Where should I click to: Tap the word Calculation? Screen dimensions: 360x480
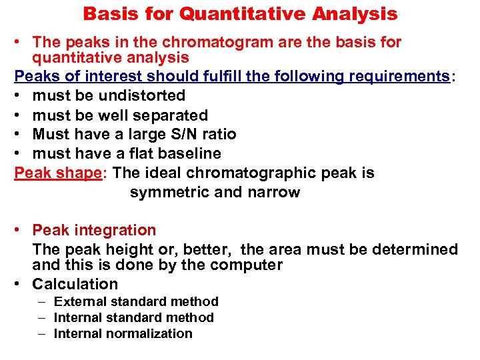75,283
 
